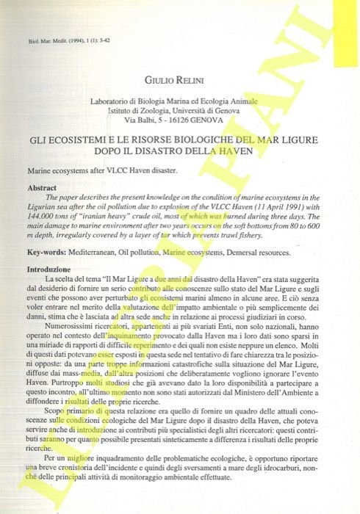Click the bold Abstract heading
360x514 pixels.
[x=42, y=188]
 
